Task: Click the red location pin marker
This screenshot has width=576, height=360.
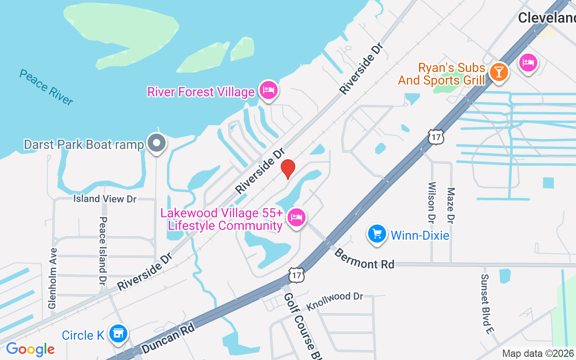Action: pos(288,169)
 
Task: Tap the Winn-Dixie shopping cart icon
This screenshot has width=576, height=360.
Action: pos(377,234)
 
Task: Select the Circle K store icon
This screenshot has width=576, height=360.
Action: pos(118,334)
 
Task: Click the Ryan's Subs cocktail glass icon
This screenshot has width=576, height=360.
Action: pos(498,72)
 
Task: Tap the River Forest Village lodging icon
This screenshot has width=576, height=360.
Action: pos(269,90)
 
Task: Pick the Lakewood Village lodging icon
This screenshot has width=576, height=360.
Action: pos(296,218)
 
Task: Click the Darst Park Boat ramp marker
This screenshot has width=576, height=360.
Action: pos(157,144)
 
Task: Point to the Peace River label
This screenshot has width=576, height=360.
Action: pos(46,87)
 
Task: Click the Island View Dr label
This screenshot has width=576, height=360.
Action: pos(105,198)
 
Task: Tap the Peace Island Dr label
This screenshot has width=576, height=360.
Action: pos(103,250)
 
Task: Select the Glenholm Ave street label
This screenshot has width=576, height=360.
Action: pos(53,278)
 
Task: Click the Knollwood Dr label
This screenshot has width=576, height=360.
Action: pos(335,302)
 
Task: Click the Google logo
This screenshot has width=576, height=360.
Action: pos(30,349)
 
